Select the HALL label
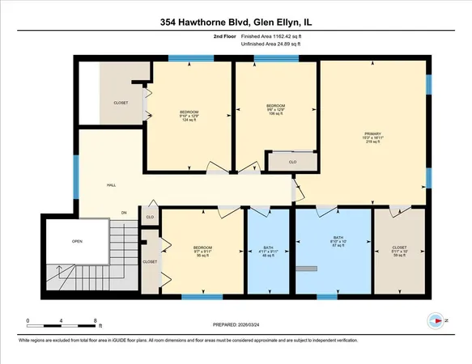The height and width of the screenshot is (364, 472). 111,185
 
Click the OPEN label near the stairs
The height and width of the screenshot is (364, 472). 77,241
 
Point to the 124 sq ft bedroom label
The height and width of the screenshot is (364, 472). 188,116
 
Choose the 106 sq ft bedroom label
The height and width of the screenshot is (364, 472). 275,109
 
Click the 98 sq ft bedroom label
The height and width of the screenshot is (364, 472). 202,251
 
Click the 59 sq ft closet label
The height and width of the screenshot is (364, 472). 399,251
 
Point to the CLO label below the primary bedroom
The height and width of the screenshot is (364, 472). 291,163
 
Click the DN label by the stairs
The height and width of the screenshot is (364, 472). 125,213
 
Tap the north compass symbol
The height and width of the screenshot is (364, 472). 438,321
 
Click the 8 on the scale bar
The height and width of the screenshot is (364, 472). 97,321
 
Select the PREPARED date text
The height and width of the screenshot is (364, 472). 236,325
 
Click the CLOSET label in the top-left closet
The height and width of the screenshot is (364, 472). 121,103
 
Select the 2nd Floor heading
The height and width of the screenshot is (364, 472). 224,36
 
